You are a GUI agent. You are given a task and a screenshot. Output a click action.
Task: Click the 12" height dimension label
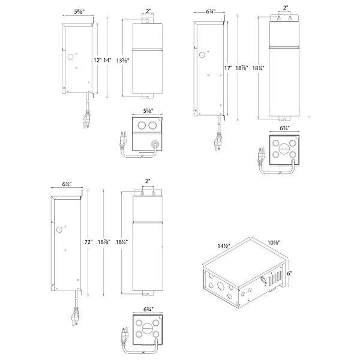(97, 60)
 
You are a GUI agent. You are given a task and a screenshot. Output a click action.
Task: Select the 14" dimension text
(107, 60)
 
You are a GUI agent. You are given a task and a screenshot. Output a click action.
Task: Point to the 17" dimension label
(229, 68)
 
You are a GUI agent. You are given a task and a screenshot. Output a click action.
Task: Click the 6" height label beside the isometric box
(289, 273)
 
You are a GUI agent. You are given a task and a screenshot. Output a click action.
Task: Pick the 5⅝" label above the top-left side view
(79, 11)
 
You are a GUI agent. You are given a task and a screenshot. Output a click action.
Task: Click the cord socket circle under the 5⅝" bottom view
(156, 143)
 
